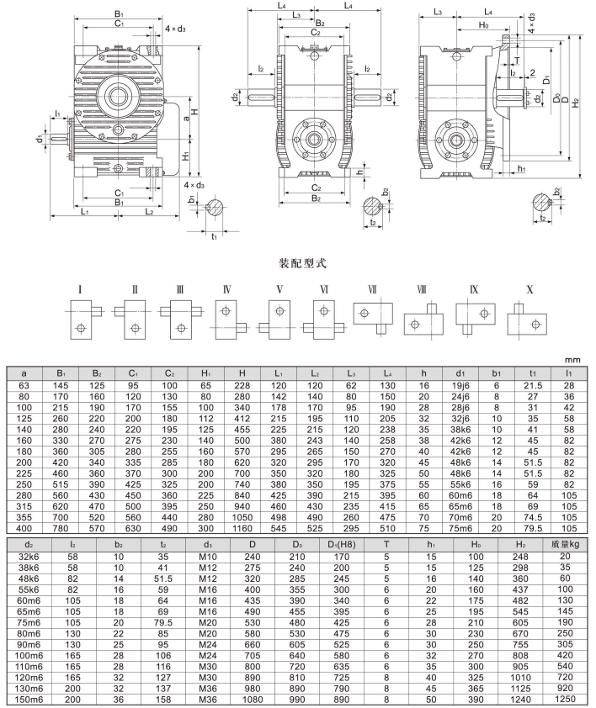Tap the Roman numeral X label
pyautogui.click(x=529, y=290)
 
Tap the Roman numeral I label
pyautogui.click(x=79, y=290)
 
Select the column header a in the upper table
pyautogui.click(x=25, y=372)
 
